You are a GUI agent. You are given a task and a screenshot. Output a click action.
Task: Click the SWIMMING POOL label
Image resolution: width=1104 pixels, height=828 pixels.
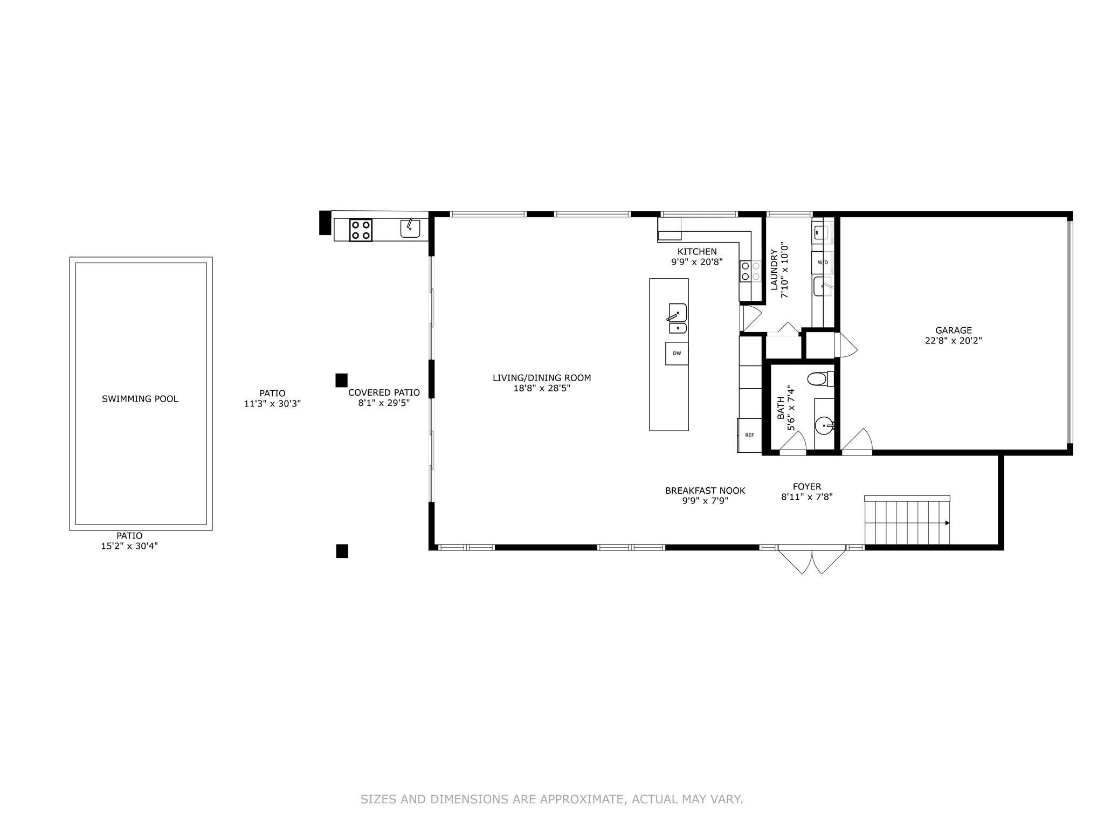click(x=140, y=399)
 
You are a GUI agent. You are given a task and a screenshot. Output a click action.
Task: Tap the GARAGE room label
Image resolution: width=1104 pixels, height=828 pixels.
click(x=954, y=330)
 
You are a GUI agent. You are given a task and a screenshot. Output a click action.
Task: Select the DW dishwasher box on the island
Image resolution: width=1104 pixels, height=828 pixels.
click(x=677, y=354)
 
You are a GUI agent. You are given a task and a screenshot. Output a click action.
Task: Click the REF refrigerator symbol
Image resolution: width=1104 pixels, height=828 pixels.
click(x=749, y=435)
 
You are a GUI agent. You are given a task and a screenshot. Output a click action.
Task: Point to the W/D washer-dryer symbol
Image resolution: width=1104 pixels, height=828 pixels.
click(x=823, y=263)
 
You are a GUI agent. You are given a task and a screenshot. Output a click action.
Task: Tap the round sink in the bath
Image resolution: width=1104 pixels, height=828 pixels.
click(x=825, y=426)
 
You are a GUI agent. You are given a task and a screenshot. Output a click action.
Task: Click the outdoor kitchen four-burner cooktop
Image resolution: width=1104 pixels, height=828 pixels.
click(x=361, y=230)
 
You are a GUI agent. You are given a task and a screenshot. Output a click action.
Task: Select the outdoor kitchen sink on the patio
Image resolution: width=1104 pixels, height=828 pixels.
click(x=410, y=228)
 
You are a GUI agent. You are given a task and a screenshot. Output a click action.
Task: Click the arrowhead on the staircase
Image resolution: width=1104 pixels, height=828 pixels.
click(x=947, y=523)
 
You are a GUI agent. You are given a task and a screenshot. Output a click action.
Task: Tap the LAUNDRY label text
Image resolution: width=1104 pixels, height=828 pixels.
click(x=774, y=269)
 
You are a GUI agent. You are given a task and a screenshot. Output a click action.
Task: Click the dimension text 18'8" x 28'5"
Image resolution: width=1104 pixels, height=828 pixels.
click(x=542, y=388)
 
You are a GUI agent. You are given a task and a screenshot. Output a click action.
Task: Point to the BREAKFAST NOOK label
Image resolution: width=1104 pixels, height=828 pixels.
click(x=705, y=491)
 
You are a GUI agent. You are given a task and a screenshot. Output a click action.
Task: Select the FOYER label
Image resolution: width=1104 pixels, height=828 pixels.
click(x=807, y=487)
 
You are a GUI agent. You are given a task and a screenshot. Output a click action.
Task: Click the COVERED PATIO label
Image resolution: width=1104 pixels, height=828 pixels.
click(x=384, y=392)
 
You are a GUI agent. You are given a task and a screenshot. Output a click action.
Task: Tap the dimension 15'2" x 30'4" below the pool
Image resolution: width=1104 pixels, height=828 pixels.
click(x=129, y=546)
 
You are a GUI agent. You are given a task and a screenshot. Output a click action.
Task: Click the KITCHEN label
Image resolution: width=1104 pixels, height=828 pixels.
click(x=697, y=252)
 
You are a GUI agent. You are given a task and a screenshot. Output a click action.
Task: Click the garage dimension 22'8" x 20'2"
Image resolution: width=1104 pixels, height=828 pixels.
click(x=954, y=341)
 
